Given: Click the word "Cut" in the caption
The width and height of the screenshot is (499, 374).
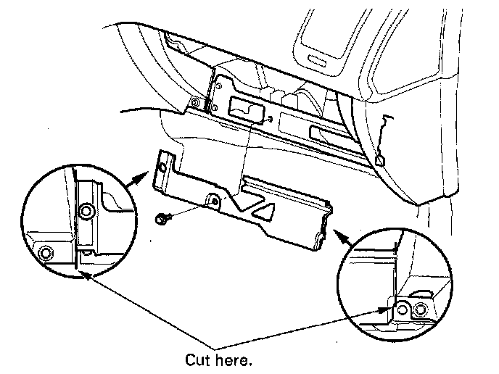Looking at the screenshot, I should pyautogui.click(x=198, y=360).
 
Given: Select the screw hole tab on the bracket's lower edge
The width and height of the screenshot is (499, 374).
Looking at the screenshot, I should pyautogui.click(x=214, y=199).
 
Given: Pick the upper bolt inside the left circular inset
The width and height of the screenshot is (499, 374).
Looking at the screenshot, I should pyautogui.click(x=86, y=212).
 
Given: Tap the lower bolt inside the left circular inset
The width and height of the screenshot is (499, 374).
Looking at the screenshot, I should pyautogui.click(x=46, y=252).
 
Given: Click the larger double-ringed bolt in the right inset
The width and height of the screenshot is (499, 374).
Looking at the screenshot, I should pyautogui.click(x=419, y=311).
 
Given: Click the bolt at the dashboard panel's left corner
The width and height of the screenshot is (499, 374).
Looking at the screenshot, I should pyautogui.click(x=196, y=101).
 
